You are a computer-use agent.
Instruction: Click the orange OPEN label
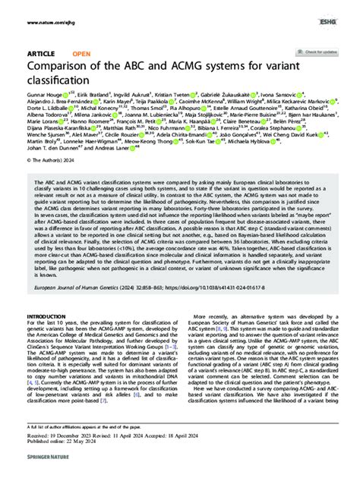(x=81, y=55)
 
